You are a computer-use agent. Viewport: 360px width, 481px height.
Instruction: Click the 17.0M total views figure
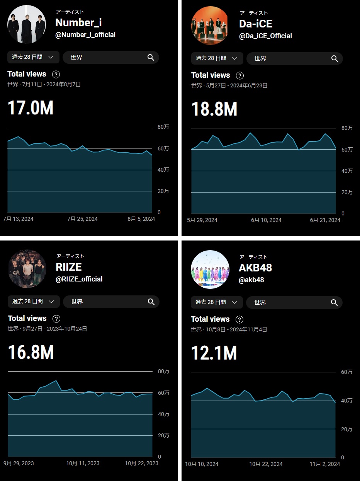31,108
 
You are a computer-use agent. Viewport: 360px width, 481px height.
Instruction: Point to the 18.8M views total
214,109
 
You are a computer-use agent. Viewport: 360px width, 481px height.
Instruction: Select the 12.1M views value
214,353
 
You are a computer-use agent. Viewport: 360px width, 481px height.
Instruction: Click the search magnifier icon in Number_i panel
151,57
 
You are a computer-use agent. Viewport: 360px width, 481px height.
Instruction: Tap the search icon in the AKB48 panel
335,302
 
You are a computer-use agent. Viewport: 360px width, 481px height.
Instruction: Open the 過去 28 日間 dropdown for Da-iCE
217,58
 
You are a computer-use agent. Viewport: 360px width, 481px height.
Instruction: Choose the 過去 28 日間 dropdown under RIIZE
34,302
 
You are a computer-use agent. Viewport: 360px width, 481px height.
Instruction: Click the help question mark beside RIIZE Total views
56,319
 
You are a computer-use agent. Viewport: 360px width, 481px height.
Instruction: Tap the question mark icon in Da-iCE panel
240,75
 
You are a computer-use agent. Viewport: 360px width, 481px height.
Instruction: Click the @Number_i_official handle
85,35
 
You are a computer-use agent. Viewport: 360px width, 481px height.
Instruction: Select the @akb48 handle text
251,280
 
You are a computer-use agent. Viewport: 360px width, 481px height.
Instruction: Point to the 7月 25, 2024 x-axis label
82,219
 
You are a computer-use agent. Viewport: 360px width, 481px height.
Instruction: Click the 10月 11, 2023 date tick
83,463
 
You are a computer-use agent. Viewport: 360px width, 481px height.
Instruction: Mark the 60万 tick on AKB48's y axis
346,372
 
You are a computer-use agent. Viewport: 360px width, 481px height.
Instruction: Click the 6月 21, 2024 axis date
325,220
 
